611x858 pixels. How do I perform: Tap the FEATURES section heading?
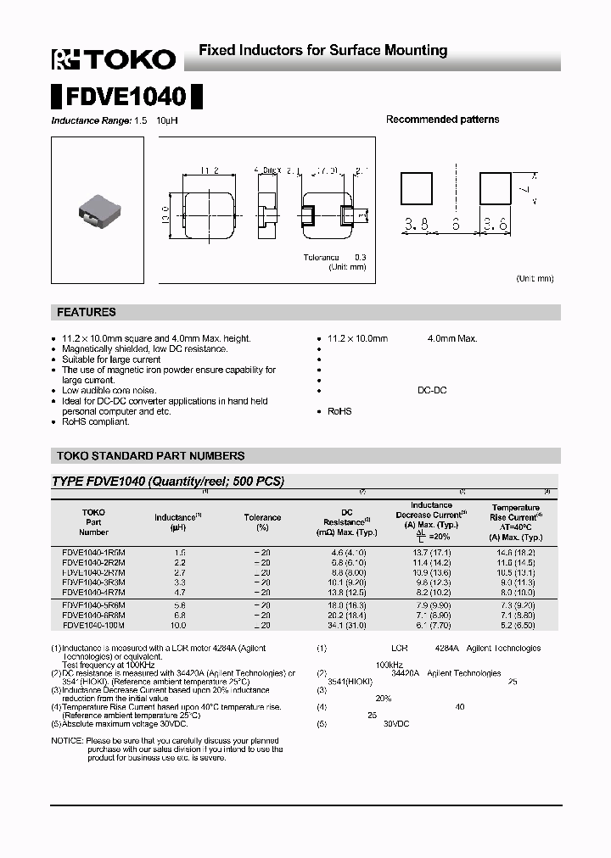pos(87,313)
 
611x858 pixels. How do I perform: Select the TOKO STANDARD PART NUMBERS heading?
pos(150,456)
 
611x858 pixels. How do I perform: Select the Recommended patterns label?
pos(442,120)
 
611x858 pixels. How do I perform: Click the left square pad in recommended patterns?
pos(417,187)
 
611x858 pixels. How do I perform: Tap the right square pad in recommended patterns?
pos(496,187)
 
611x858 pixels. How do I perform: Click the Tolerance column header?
pos(262,517)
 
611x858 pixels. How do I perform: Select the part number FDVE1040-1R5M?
pos(93,552)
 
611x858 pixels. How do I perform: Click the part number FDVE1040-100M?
pos(93,625)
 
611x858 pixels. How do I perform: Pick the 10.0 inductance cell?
pos(177,625)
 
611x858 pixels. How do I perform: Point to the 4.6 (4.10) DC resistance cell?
pos(346,552)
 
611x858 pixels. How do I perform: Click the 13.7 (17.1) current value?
pos(431,552)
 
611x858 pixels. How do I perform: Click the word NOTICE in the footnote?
pos(67,741)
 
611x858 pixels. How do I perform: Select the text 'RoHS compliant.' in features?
pos(96,421)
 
